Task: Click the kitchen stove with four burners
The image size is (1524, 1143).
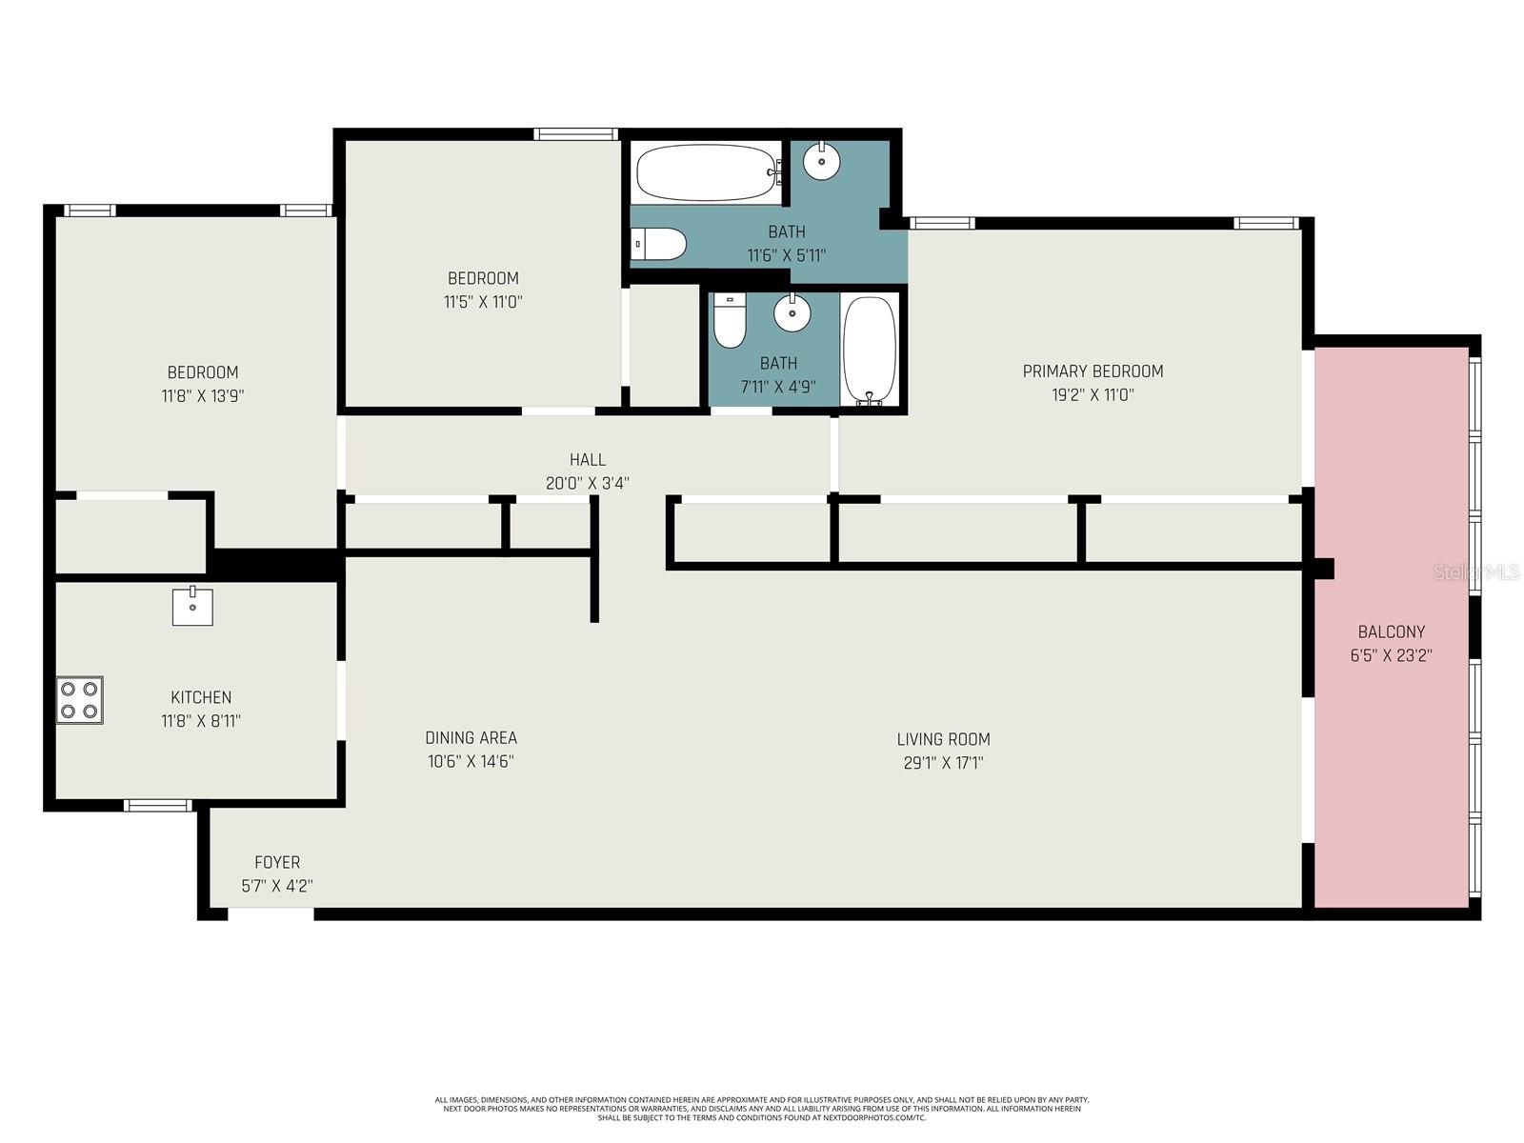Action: point(79,700)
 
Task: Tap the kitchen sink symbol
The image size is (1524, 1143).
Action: point(192,607)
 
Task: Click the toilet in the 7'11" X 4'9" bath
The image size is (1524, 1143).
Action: point(730,322)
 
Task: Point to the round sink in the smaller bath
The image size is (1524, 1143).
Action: point(792,313)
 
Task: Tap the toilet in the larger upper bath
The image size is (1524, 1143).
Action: point(659,244)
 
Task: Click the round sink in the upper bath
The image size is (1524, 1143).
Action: point(821,162)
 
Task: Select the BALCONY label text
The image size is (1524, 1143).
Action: point(1391,632)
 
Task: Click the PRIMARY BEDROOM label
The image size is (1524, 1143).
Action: point(1093,371)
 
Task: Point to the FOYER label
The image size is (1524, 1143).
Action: point(277,862)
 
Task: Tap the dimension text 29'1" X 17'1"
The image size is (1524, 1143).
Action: point(943,762)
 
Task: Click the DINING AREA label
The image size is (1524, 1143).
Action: point(471,737)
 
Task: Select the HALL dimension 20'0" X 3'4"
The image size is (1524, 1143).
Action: point(587,483)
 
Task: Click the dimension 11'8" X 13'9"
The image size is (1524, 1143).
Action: point(203,395)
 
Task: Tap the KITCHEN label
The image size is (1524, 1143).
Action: point(201,697)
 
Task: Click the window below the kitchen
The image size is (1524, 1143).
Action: point(158,806)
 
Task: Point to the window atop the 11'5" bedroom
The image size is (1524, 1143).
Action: point(576,134)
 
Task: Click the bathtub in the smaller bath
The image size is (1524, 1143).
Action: point(870,349)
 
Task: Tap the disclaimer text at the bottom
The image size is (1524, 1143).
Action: point(762,1108)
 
